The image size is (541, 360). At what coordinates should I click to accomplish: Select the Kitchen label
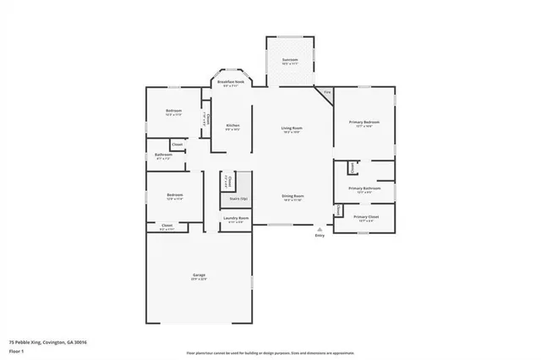click(x=232, y=127)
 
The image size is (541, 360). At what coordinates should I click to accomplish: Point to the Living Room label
click(x=292, y=128)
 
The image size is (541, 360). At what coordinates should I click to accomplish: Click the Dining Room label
click(x=292, y=197)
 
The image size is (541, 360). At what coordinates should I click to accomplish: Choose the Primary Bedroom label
click(x=364, y=123)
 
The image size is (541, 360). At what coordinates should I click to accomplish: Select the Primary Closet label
click(x=366, y=218)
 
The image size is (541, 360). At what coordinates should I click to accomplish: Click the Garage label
click(x=199, y=276)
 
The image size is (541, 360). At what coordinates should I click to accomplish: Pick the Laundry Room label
click(x=236, y=219)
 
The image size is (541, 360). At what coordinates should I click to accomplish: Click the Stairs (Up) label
click(x=239, y=199)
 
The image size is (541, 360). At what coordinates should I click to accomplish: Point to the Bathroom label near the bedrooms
click(x=163, y=155)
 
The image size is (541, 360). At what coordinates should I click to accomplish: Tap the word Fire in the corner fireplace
click(x=327, y=90)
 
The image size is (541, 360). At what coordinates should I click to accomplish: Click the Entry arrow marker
click(x=320, y=228)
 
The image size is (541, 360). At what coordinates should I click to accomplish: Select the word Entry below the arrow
click(x=320, y=236)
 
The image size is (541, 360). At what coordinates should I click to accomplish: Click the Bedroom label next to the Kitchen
click(x=172, y=112)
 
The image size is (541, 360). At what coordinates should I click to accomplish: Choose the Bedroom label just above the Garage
click(x=174, y=196)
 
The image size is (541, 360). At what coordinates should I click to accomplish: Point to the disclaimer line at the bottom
click(x=270, y=352)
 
